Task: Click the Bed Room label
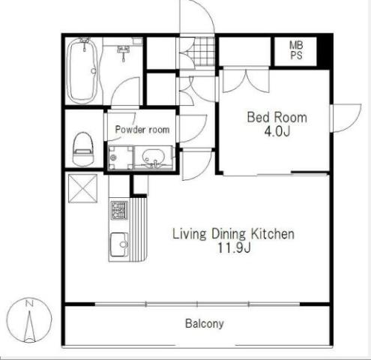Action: pos(277,117)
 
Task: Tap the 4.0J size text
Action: pos(277,131)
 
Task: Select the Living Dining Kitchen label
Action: pos(233,234)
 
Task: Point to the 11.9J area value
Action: pos(234,248)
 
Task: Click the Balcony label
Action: pos(205,323)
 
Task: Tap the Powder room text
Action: pos(142,129)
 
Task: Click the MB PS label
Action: pos(296,50)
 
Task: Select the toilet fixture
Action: pos(84,149)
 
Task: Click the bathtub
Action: pos(82,70)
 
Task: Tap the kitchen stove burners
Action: pos(119,210)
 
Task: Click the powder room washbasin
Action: pos(154,157)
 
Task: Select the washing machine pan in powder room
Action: pos(121,157)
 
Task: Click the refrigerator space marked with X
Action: pos(82,188)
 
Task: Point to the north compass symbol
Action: pos(29,320)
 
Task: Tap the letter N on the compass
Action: pos(29,304)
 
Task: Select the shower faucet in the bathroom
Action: pos(123,52)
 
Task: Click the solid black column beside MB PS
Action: pos(324,52)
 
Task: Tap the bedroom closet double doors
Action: pos(246,80)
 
